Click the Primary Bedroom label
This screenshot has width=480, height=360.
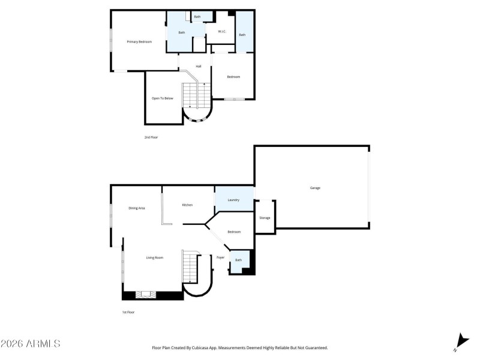click(x=139, y=42)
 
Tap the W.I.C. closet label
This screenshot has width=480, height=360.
click(x=221, y=32)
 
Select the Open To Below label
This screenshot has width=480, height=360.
click(x=162, y=98)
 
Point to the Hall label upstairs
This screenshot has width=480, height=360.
click(x=198, y=67)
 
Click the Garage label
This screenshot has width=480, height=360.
click(x=315, y=188)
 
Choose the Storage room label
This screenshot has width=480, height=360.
click(x=265, y=218)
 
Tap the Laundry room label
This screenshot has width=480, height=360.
click(x=234, y=200)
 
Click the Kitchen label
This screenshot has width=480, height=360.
click(x=188, y=205)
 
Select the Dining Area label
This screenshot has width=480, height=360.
click(x=137, y=208)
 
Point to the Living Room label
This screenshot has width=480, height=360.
click(x=155, y=257)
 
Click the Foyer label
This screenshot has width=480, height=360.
click(x=220, y=257)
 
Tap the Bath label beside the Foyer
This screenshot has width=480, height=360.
click(x=238, y=260)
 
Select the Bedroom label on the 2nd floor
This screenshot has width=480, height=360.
click(x=233, y=77)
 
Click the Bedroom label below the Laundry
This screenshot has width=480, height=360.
click(x=234, y=232)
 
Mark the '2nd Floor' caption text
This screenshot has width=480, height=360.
click(x=151, y=137)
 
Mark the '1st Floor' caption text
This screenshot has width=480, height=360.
click(x=128, y=313)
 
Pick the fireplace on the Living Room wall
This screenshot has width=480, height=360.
click(x=145, y=295)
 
